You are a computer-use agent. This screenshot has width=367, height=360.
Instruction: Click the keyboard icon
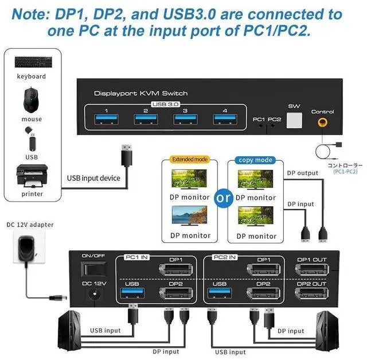[31, 61]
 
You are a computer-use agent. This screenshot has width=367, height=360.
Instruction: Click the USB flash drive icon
[32, 138]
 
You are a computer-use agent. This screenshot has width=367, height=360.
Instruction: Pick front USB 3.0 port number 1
[106, 119]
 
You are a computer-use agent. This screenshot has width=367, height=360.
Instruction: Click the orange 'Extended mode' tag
[190, 160]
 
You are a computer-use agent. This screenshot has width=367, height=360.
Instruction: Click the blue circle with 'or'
[222, 197]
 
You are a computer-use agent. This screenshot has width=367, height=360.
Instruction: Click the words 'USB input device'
[94, 178]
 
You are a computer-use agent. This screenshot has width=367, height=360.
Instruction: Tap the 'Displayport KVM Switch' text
[140, 93]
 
